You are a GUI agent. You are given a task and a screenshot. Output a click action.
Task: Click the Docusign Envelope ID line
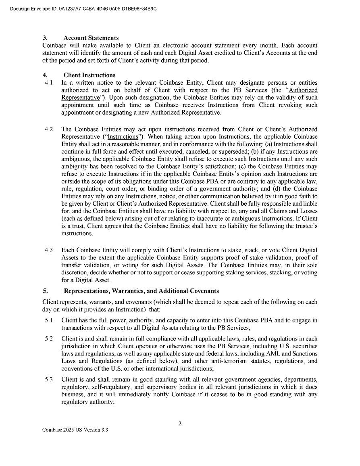[x=83, y=8]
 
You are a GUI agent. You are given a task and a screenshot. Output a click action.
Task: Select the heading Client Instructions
[x=89, y=75]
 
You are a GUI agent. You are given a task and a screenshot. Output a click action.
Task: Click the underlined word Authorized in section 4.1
[x=303, y=90]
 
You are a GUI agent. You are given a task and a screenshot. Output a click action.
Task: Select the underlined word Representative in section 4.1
[x=80, y=98]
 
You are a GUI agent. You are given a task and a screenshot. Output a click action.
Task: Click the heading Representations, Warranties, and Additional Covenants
[x=141, y=291]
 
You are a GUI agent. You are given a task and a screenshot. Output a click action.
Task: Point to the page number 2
[x=180, y=423]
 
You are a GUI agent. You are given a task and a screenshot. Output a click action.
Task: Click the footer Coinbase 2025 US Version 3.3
[x=75, y=430]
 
